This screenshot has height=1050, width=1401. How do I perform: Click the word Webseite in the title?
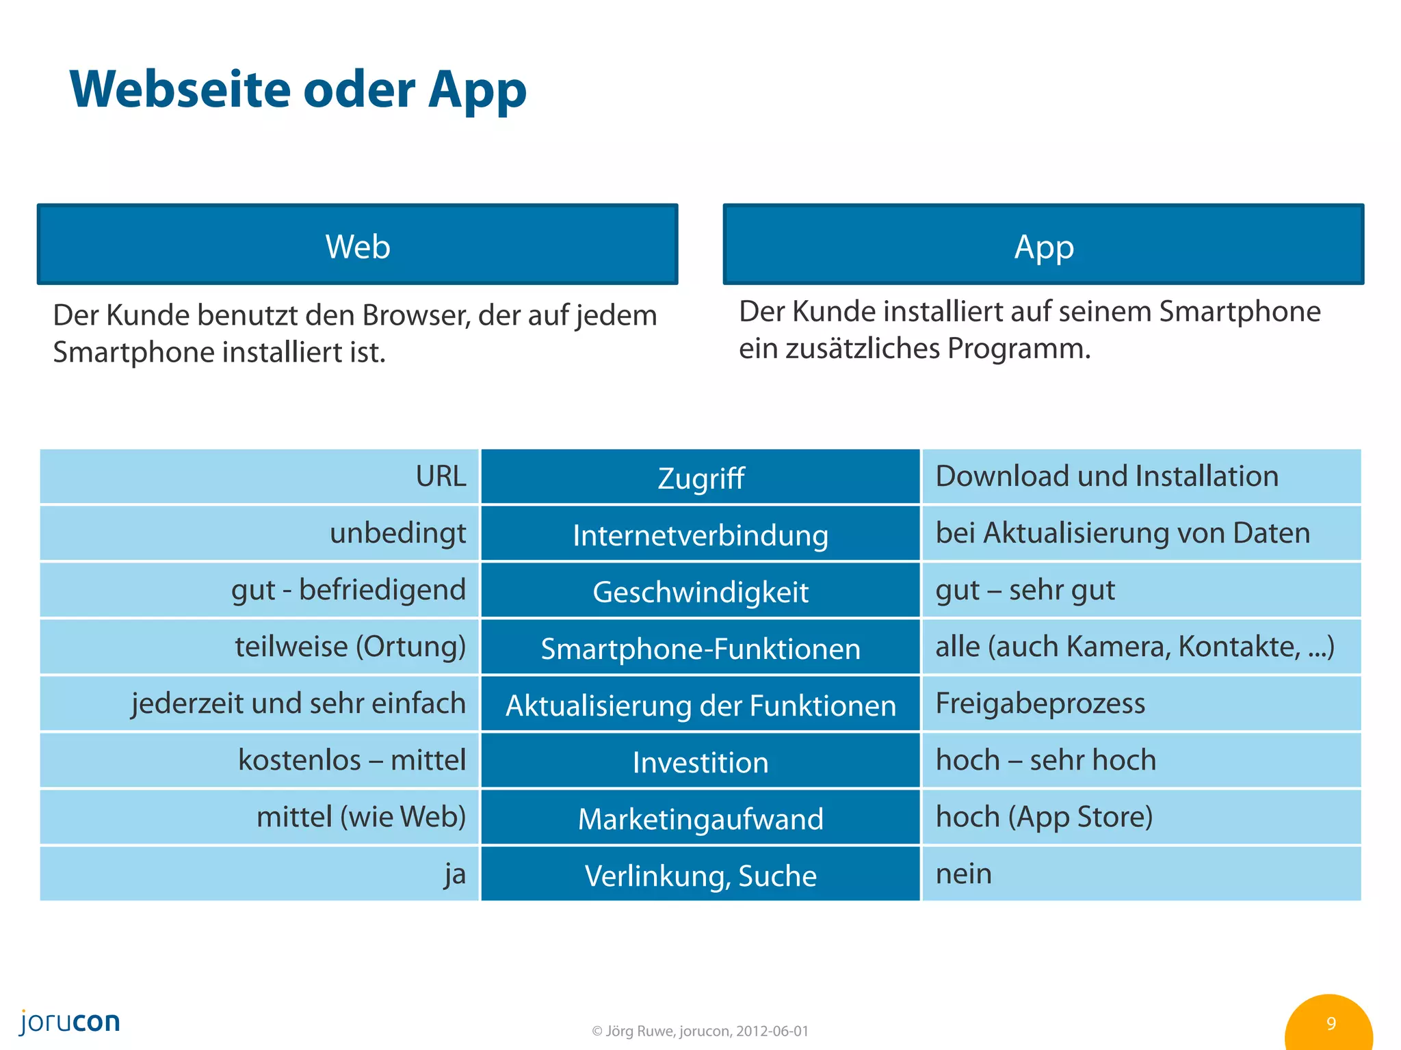click(x=181, y=90)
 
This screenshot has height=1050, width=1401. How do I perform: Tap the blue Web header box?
click(x=357, y=245)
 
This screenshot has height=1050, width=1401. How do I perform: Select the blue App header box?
click(x=1043, y=245)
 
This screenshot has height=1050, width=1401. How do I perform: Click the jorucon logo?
click(x=70, y=1021)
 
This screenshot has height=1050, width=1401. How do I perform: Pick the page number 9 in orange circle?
click(x=1330, y=1023)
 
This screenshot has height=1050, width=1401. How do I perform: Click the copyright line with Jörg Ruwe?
click(x=700, y=1031)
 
